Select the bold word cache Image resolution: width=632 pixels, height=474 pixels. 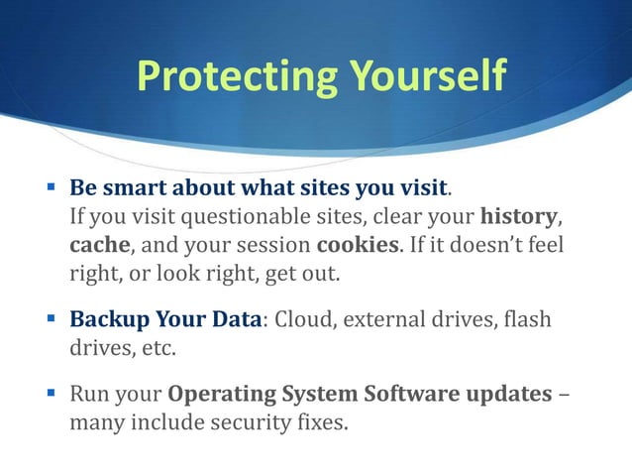(x=98, y=243)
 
